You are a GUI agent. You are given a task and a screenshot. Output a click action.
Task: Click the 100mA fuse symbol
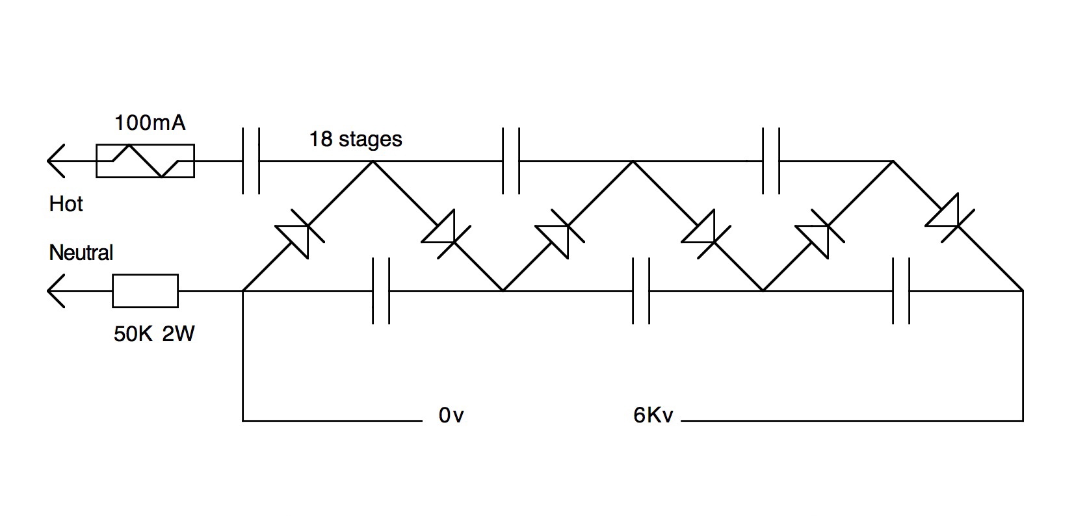(145, 161)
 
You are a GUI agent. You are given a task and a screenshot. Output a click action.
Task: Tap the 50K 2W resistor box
(145, 290)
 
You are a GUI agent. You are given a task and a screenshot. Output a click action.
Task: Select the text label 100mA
(150, 122)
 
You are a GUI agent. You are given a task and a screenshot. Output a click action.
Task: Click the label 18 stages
(356, 139)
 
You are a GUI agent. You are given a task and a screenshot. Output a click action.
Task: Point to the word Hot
(66, 204)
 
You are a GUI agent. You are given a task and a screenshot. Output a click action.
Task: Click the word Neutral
(81, 252)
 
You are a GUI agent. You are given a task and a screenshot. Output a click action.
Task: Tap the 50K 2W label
(154, 334)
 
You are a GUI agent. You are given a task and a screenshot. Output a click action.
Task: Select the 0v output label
(451, 415)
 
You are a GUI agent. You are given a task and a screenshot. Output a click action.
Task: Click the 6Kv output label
(653, 415)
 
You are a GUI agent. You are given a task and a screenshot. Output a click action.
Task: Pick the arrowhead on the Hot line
(56, 161)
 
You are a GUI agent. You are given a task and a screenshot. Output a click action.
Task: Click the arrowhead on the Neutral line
(56, 290)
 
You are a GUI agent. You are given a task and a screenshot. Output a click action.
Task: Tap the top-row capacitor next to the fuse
(250, 161)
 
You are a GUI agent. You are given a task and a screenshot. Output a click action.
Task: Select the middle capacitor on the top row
(510, 161)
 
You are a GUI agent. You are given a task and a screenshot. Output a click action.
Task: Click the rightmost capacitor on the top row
(770, 161)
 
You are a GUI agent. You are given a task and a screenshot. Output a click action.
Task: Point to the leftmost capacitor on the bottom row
(380, 290)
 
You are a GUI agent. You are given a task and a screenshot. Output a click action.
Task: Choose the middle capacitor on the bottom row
(640, 290)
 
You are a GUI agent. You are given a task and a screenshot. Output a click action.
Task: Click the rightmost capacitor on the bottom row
(900, 290)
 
